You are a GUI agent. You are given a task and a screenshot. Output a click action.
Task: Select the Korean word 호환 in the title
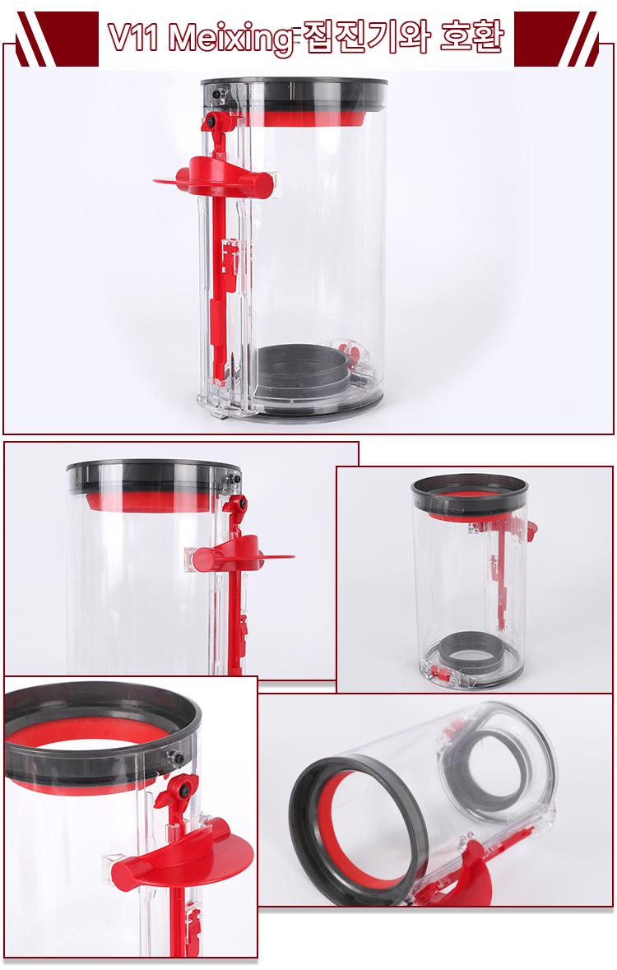tap(471, 37)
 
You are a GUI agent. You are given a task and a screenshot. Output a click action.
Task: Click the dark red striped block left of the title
tap(57, 39)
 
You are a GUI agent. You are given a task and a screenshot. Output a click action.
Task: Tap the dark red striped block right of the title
tap(556, 39)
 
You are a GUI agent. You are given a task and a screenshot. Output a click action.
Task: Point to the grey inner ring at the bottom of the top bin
tap(304, 371)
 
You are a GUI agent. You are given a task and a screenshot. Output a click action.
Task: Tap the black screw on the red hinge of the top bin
tap(211, 121)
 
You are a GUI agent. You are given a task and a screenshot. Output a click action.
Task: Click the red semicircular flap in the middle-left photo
tap(241, 554)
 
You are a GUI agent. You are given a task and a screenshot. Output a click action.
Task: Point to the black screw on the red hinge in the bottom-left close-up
tap(183, 789)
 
